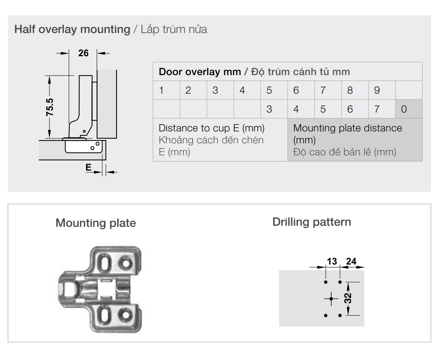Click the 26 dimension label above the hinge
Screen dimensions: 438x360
tap(83, 53)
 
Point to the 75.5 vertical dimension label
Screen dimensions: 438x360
tap(50, 107)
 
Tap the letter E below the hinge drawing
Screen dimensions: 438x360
tap(89, 167)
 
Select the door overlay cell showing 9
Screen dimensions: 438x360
tap(382, 90)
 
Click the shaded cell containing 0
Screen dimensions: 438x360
tap(409, 109)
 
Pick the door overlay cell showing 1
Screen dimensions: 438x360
tap(166, 90)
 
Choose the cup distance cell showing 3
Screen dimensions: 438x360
tap(274, 109)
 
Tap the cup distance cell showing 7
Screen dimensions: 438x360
tap(382, 109)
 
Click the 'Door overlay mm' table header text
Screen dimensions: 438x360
tap(200, 72)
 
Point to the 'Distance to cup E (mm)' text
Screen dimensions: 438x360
tap(212, 128)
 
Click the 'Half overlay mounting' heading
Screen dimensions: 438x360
tap(72, 29)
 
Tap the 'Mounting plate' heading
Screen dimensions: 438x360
tap(96, 223)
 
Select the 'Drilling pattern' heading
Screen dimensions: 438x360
tap(312, 222)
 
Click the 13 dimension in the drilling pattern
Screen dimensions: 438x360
tap(332, 261)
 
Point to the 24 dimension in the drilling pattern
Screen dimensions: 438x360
tap(351, 261)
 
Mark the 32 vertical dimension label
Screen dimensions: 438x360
tap(348, 298)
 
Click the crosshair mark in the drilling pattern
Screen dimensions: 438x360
tap(331, 299)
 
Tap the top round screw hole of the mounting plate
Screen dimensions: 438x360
tap(126, 263)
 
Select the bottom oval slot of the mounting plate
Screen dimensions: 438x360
tap(105, 315)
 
